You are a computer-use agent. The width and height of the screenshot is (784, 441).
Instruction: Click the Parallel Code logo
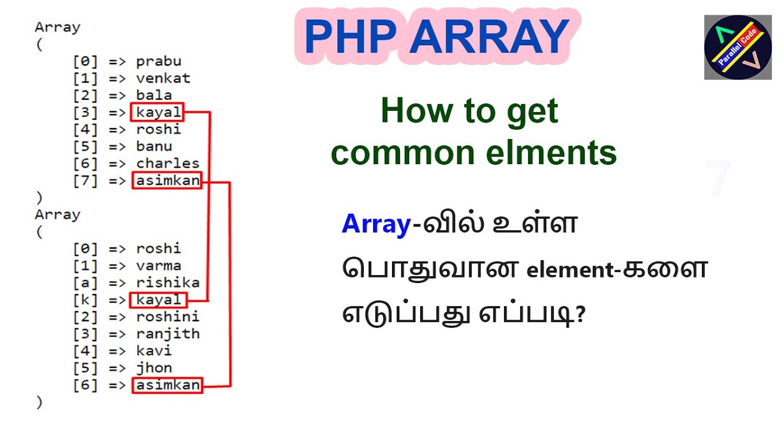[738, 47]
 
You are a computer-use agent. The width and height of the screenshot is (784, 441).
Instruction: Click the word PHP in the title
[351, 36]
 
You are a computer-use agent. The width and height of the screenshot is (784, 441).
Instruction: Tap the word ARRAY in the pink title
[489, 36]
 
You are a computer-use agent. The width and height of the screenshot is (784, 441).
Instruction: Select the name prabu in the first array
[159, 62]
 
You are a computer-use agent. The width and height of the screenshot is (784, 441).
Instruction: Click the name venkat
[163, 78]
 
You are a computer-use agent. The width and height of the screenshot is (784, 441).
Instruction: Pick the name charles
[168, 164]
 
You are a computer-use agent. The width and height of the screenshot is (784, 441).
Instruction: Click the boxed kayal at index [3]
[157, 112]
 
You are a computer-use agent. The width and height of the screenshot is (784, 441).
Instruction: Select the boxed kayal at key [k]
[158, 300]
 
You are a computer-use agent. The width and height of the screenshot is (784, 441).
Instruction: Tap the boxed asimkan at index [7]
[167, 181]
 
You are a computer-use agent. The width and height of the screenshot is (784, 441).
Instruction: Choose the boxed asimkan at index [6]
[167, 385]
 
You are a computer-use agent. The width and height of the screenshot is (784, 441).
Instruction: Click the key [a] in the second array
[85, 283]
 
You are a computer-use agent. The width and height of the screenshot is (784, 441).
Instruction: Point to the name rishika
[168, 283]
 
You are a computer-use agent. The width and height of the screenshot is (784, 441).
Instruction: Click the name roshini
[168, 317]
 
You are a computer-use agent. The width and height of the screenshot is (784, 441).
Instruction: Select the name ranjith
[168, 334]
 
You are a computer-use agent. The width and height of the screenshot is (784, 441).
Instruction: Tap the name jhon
[154, 368]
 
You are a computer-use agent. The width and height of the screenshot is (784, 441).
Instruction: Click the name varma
[159, 266]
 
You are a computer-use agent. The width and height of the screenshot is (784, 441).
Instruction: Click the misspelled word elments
[551, 153]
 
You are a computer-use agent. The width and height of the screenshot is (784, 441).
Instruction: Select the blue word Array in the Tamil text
[376, 224]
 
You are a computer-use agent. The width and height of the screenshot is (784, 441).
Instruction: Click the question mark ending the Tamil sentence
[580, 314]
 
